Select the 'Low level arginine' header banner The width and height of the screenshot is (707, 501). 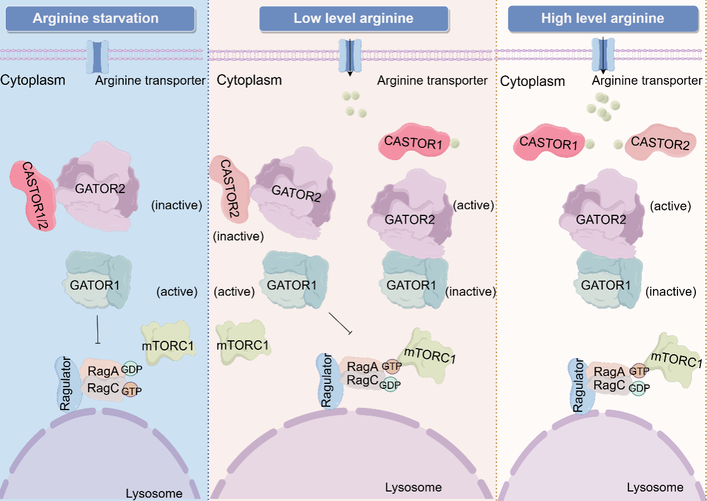(x=353, y=18)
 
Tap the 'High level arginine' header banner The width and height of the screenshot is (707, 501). (x=602, y=18)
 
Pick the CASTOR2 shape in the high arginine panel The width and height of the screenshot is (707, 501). (x=661, y=145)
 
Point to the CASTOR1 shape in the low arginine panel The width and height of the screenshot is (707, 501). (x=413, y=143)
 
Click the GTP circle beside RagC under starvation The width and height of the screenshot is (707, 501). (x=131, y=390)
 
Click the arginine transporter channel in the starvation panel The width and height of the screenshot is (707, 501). (x=97, y=56)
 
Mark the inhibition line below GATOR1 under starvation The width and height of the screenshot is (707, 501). (x=98, y=329)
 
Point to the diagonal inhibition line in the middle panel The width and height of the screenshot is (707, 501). (x=341, y=324)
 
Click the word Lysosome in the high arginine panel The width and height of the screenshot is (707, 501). (x=655, y=488)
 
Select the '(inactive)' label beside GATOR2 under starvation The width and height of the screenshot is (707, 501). (x=176, y=205)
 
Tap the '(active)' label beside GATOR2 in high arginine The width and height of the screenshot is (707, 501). (x=670, y=206)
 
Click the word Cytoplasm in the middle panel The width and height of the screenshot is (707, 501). (x=249, y=80)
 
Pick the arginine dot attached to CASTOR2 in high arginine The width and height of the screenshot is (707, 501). (x=617, y=144)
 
